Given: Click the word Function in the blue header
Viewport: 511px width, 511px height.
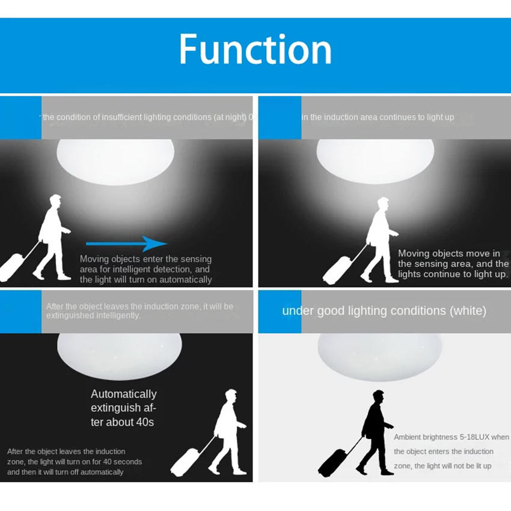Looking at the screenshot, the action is pos(255,50).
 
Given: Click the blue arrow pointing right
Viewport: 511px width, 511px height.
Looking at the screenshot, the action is pos(126,243).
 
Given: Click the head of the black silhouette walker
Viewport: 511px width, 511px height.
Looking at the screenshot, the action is pos(378,396).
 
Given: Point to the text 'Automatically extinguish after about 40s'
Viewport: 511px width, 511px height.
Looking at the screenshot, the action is pos(123,408).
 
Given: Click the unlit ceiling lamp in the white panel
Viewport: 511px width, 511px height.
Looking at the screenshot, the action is pos(379,355).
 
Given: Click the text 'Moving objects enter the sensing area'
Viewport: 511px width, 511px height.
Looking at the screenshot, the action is pos(145,259).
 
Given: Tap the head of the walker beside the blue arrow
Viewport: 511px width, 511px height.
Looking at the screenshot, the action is pos(55,201).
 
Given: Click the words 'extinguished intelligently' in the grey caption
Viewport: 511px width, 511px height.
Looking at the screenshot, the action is pos(93,315).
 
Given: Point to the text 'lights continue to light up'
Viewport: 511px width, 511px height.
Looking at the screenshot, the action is pos(452,274).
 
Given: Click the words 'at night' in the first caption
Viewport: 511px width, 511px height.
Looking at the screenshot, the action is pos(229,117).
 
